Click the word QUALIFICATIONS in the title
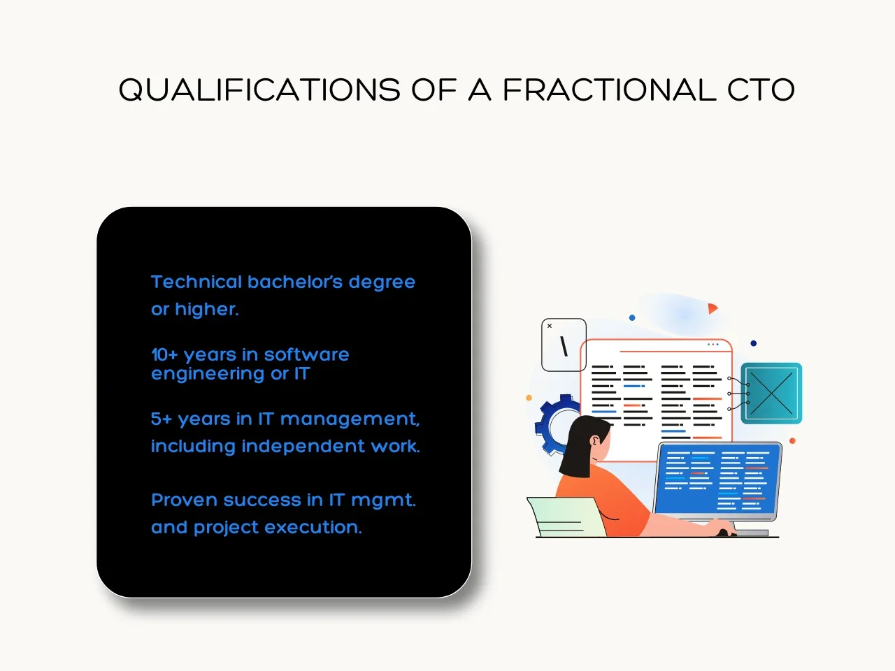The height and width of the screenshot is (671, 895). pos(259,89)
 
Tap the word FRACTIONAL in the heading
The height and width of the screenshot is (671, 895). pos(609,89)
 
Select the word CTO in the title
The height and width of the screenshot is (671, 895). pos(761,89)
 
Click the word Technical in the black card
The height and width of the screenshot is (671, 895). pos(196,282)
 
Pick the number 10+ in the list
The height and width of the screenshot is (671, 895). pos(165,355)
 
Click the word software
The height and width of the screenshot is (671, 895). pos(307,354)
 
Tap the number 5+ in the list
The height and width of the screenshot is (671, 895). pos(162,419)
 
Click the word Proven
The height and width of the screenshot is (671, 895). pos(185,500)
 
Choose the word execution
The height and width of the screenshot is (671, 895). pos(313,527)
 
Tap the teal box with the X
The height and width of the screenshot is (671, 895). pos(771,393)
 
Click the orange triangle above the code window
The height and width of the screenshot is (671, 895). pos(713,308)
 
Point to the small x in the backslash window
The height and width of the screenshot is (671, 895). pos(550,326)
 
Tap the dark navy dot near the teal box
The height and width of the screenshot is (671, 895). pos(754,343)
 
